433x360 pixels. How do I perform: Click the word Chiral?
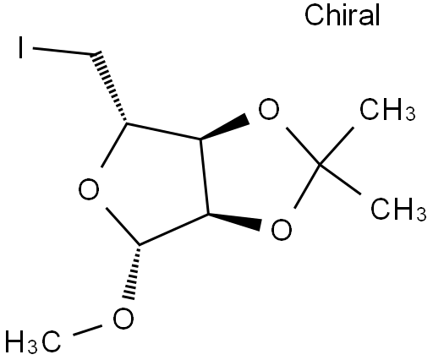coord(343,15)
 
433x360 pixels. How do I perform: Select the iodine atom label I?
coord(20,47)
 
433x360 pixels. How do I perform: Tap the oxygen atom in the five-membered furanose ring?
coord(89,189)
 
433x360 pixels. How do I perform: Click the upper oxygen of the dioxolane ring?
coord(269,109)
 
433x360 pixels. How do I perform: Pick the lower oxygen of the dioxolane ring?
coord(282,229)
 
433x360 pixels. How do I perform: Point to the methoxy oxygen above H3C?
coord(123,319)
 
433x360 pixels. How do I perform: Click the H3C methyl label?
coord(33,341)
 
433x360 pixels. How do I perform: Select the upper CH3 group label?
coord(387,110)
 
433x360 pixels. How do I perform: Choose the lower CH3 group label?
coord(398,210)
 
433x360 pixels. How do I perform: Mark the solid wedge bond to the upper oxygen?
coord(225,128)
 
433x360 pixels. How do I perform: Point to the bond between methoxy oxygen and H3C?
coord(87,330)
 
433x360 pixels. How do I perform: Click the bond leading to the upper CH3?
coord(337,145)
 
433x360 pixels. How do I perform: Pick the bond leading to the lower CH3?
coord(340,179)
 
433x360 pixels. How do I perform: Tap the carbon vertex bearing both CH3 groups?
coord(320,164)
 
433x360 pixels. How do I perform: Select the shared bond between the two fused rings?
coord(204,177)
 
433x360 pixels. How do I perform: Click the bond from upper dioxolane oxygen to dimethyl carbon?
coord(303,145)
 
